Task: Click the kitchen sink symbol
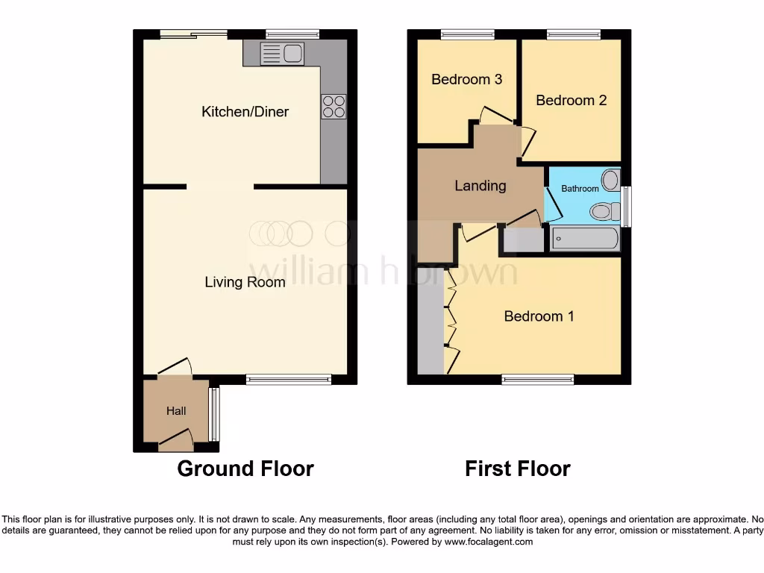281,53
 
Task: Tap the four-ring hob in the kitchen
334,106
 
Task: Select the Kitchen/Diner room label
245,112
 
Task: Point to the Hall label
176,411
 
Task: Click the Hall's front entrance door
176,440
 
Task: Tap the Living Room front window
288,380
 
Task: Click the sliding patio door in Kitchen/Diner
194,34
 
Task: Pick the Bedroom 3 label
466,79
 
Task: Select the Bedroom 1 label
539,316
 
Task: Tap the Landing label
480,186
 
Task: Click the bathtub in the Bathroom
585,239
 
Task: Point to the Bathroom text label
580,189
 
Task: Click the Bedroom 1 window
538,380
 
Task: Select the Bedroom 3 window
467,34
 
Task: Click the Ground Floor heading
245,469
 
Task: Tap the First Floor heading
517,469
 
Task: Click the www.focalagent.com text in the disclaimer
489,542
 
